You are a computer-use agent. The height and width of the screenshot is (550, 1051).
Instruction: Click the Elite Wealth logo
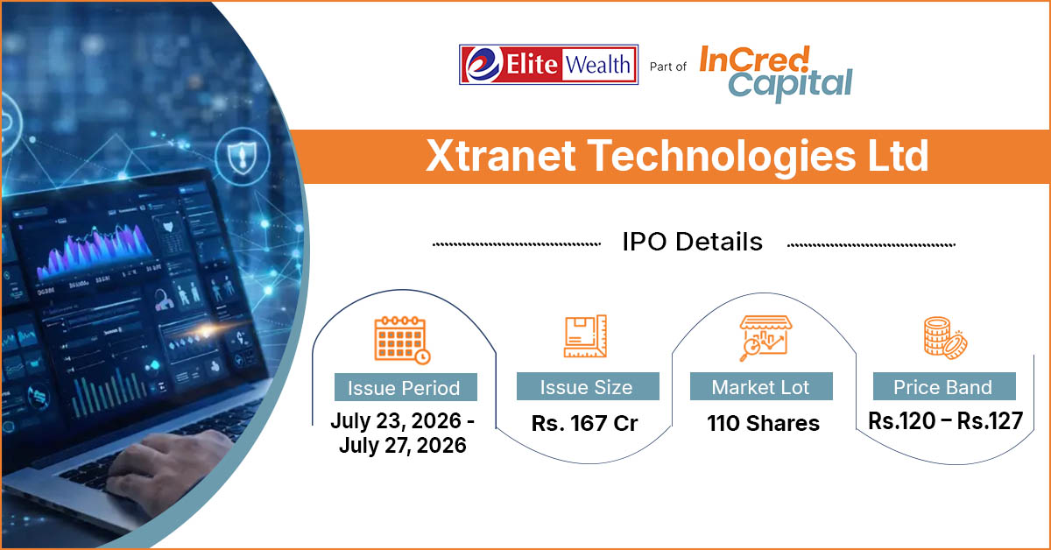point(548,65)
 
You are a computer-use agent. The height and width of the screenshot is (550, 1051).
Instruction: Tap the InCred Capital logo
point(776,74)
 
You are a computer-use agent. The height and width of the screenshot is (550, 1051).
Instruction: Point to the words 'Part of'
point(667,67)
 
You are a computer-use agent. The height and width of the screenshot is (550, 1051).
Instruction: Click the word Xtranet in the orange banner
point(501,156)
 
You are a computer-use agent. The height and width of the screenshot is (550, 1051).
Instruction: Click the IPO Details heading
point(693,242)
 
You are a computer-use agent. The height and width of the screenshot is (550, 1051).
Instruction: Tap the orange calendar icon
point(403,340)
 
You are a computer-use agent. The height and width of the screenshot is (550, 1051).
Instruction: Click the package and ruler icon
point(585,336)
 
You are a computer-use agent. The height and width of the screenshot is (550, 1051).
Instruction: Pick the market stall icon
point(765,338)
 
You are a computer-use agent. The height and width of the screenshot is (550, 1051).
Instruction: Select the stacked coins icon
point(945,338)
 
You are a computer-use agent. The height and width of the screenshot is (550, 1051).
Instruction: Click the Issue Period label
point(404,388)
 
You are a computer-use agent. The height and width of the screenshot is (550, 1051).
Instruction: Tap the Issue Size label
point(587,387)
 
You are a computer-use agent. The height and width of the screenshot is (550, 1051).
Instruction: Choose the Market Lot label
point(760,387)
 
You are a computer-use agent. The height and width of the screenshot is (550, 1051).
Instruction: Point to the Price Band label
point(942,387)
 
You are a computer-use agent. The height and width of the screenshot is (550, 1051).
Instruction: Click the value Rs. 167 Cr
point(585,423)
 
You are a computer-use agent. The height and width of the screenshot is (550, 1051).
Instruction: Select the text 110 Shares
point(764,423)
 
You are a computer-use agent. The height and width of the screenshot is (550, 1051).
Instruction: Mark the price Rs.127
point(990,421)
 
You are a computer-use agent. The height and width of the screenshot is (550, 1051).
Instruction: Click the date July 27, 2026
point(403,445)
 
